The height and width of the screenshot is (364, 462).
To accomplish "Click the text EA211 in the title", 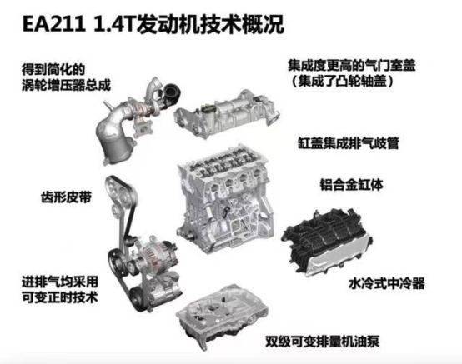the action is pyautogui.click(x=54, y=24).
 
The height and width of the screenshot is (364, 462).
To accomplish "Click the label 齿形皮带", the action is pyautogui.click(x=66, y=197).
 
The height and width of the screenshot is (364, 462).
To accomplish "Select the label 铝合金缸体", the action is pyautogui.click(x=352, y=185).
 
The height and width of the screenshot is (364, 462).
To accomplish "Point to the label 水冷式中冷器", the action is pyautogui.click(x=387, y=283).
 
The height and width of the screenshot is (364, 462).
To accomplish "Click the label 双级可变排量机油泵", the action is pyautogui.click(x=322, y=342).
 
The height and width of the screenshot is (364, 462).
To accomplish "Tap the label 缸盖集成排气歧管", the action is pyautogui.click(x=349, y=143).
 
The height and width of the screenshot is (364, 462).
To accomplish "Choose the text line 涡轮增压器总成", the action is pyautogui.click(x=66, y=85).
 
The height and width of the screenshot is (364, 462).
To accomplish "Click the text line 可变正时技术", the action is pyautogui.click(x=60, y=297).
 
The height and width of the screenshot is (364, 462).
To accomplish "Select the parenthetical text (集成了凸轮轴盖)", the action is pyautogui.click(x=343, y=81).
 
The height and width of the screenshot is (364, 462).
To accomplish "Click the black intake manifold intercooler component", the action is pyautogui.click(x=326, y=242).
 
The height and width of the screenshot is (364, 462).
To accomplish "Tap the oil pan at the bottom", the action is pyautogui.click(x=223, y=315).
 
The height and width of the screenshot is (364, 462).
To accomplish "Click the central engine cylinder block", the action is pyautogui.click(x=225, y=200).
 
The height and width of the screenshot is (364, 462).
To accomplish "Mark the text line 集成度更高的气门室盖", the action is pyautogui.click(x=352, y=65).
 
